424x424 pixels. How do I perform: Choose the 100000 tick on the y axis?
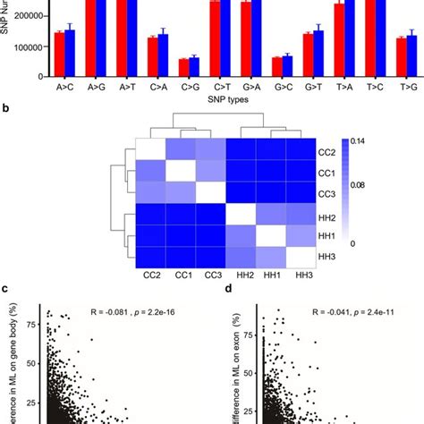(x=32, y=47)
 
